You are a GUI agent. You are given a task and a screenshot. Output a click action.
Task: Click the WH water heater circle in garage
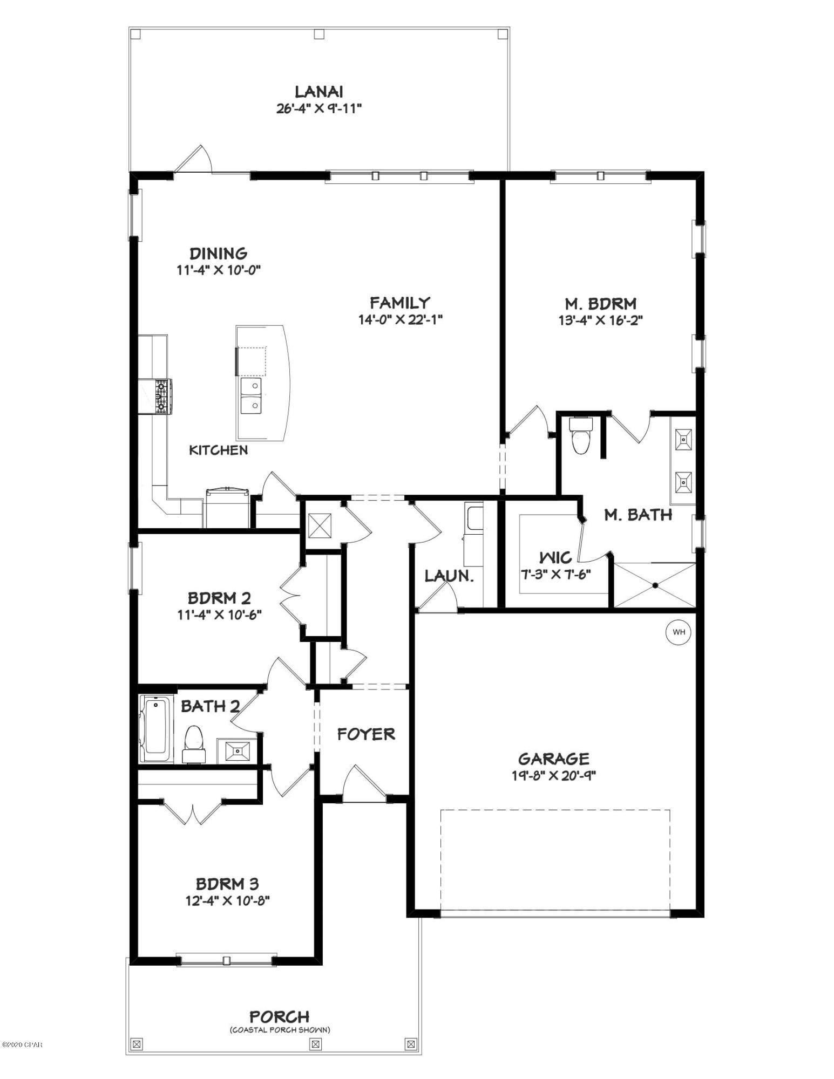pyautogui.click(x=679, y=632)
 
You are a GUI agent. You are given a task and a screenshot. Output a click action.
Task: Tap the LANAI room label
pyautogui.click(x=318, y=92)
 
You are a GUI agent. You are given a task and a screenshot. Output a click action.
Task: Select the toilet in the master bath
pyautogui.click(x=581, y=436)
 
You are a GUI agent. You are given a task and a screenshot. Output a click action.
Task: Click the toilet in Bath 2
pyautogui.click(x=194, y=744)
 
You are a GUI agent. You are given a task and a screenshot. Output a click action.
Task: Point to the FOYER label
pyautogui.click(x=366, y=734)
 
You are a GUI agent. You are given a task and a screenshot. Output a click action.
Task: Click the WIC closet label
pyautogui.click(x=555, y=557)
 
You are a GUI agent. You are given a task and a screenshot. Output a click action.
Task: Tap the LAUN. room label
pyautogui.click(x=449, y=576)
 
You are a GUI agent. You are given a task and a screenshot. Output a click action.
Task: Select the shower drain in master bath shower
pyautogui.click(x=655, y=585)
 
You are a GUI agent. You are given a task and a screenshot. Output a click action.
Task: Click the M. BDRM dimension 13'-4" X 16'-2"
pyautogui.click(x=600, y=320)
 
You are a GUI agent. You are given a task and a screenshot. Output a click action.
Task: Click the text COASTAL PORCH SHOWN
pyautogui.click(x=280, y=1030)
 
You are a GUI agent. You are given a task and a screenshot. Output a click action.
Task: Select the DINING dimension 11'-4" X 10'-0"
pyautogui.click(x=219, y=270)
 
